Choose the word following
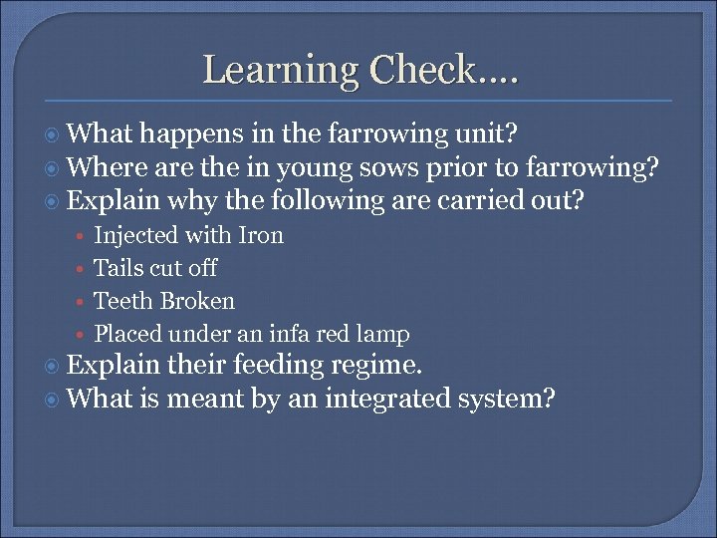(322, 201)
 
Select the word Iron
(262, 235)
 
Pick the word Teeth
(123, 301)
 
